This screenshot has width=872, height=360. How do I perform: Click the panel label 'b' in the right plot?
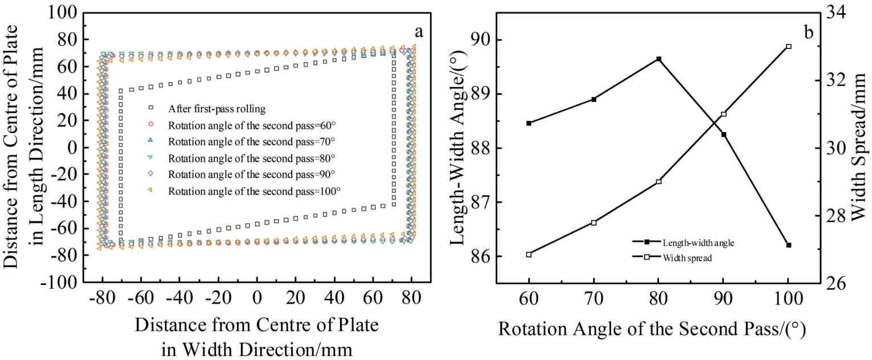809,32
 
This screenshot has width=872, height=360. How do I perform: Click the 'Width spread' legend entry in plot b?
687,257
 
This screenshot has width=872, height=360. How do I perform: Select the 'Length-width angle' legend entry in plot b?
698,242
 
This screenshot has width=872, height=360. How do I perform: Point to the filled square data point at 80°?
658,59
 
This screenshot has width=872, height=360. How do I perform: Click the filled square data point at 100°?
789,245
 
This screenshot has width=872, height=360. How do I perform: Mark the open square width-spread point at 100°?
789,46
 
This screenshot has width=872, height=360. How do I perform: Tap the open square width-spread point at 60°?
529,255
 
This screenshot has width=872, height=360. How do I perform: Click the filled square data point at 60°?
529,123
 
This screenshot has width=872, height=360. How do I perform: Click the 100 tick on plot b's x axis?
789,299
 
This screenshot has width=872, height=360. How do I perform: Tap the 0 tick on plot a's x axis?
257,299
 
